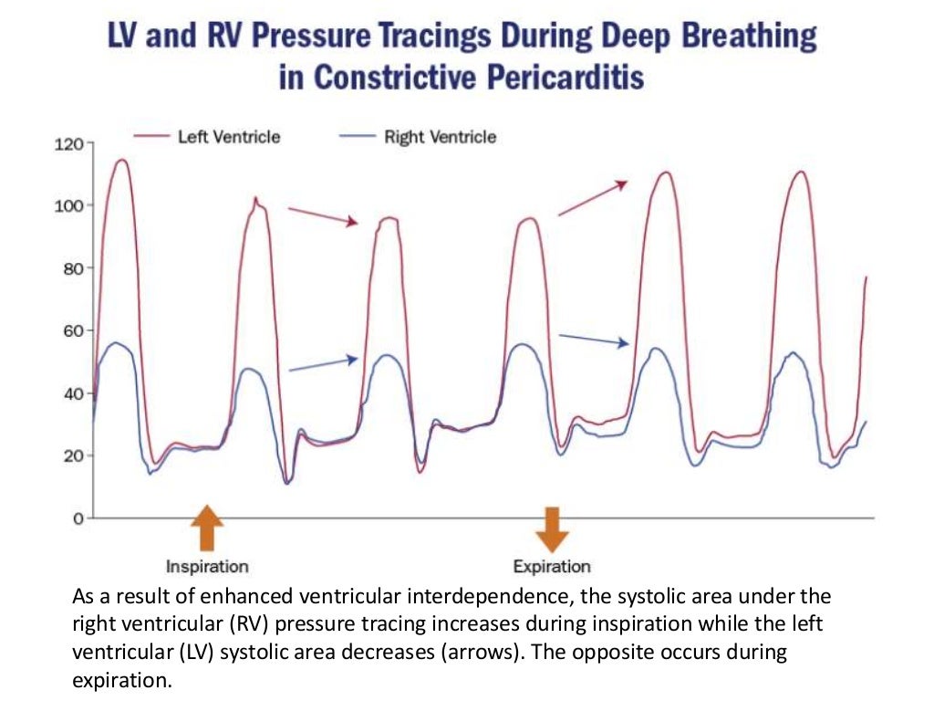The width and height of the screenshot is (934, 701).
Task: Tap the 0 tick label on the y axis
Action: pyautogui.click(x=79, y=518)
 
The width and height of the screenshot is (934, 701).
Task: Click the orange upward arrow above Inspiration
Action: pyautogui.click(x=207, y=528)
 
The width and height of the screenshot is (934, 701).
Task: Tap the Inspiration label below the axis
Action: pyautogui.click(x=207, y=567)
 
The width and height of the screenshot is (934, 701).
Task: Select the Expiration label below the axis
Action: pyautogui.click(x=552, y=567)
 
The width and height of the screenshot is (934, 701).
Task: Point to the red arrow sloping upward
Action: pyautogui.click(x=593, y=197)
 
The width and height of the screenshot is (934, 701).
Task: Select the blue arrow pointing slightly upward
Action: pyautogui.click(x=323, y=364)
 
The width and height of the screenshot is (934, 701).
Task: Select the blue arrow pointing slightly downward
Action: pyautogui.click(x=594, y=340)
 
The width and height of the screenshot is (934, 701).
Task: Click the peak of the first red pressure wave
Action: pyautogui.click(x=119, y=161)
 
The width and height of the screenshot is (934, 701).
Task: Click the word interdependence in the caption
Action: pyautogui.click(x=508, y=598)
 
